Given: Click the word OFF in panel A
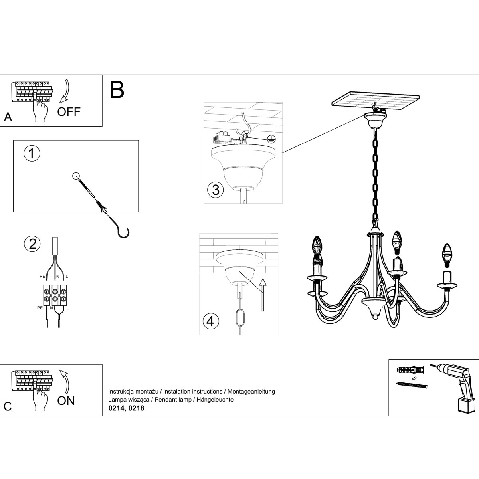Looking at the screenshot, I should click(x=69, y=111).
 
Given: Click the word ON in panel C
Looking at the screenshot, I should click(x=66, y=400).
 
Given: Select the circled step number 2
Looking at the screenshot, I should click(x=32, y=243).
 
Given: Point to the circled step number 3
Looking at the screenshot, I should click(x=216, y=190).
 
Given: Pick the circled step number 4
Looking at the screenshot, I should click(x=211, y=321).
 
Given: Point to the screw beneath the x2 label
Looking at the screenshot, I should click(x=412, y=385).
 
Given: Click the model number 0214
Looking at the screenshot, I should click(x=116, y=408).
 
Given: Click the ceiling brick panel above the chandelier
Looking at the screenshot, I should click(x=376, y=101).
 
